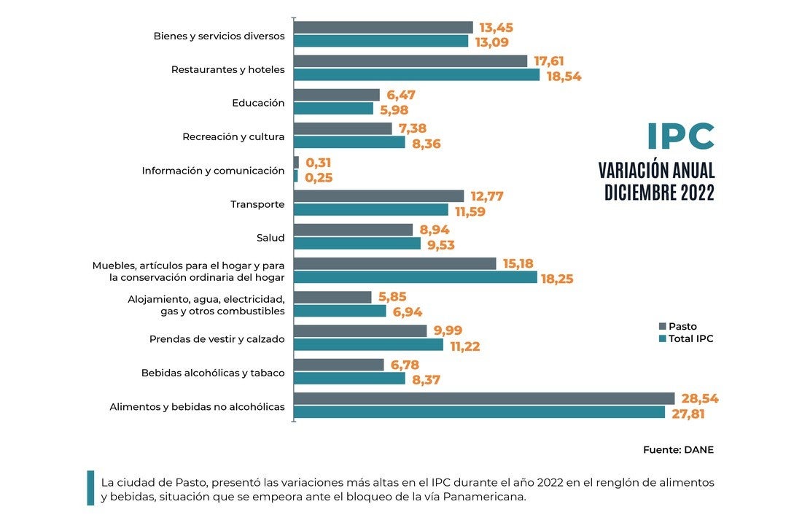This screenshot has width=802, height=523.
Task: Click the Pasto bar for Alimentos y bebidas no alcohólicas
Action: coord(484,398)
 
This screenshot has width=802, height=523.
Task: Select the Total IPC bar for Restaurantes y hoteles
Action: coord(416,75)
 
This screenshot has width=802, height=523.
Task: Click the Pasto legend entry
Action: coord(677,327)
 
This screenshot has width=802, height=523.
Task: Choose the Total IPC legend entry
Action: coord(685,338)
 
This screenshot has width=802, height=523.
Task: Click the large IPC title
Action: coord(680,137)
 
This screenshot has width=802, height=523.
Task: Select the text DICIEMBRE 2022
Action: coord(659,193)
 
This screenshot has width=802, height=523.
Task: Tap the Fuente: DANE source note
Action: coord(678,450)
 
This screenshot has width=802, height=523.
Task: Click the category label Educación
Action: coord(258,103)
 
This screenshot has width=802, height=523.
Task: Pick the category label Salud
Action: coord(270,238)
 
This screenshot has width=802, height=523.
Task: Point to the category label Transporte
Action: coord(257,204)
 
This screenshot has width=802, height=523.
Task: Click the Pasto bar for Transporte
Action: coord(378,196)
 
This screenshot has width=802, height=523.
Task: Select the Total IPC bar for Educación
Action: coord(333,109)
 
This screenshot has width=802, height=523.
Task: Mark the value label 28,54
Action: coord(699,399)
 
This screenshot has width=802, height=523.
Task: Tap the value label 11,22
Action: coord(465,346)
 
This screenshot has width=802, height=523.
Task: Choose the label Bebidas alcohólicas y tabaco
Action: coord(213,373)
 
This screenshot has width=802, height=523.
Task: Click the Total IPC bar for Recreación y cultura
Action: coord(349,142)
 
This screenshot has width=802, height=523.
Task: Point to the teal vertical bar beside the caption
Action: coord(90,488)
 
